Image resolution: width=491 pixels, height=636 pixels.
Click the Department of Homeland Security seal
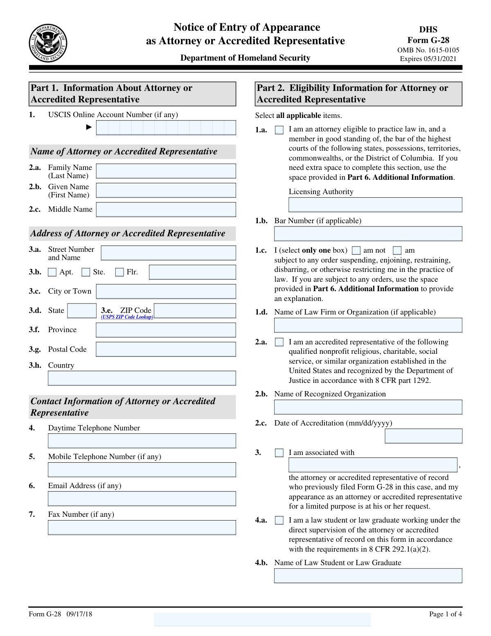tap(48, 43)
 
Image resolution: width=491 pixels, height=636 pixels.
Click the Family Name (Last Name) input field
tap(166, 171)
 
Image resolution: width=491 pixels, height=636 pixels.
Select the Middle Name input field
tap(166, 209)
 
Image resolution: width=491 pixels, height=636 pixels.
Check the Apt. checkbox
tap(52, 272)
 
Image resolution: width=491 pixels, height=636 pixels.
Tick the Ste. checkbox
tap(86, 272)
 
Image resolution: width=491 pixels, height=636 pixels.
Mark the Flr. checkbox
tap(119, 272)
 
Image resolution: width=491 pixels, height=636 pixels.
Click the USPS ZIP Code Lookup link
tap(127, 317)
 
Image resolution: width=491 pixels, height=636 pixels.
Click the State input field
tap(81, 311)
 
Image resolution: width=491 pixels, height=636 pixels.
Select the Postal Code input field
tap(166, 349)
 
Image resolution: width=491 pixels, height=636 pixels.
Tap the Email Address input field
tap(142, 498)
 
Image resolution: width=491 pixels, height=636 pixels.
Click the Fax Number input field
tap(142, 527)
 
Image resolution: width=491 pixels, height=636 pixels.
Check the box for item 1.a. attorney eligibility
tap(279, 130)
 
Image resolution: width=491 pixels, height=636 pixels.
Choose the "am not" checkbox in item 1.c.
tap(356, 251)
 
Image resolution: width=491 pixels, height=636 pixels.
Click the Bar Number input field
tap(368, 234)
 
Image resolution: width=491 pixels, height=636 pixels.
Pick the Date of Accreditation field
tap(423, 436)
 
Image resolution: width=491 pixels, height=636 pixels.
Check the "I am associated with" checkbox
tap(279, 453)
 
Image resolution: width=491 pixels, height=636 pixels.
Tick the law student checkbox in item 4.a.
tap(279, 521)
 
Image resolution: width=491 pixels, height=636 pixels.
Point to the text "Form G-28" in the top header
tap(428, 40)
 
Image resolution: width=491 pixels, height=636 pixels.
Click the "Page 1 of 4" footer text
tap(445, 614)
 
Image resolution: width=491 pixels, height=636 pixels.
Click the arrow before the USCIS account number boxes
tap(89, 127)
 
